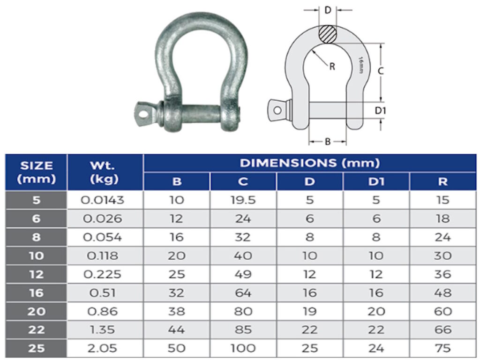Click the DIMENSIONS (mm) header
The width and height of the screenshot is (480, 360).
pos(309,163)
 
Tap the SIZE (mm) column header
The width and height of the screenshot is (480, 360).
pos(36,172)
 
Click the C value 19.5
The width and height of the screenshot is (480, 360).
pos(243,200)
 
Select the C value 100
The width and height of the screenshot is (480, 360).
pos(243,348)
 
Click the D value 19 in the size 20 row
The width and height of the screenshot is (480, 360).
pos(309,311)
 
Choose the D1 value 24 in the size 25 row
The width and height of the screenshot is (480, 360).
pos(376,348)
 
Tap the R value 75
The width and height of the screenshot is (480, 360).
pos(442,348)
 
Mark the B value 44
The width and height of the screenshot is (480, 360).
pos(176,330)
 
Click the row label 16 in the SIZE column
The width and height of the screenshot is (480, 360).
pos(36,293)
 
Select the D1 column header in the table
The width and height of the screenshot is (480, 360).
pos(376,182)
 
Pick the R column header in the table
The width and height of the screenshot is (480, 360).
pos(442,182)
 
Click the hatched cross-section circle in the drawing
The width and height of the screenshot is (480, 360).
pos(327,34)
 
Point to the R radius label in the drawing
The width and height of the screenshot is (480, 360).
pos(332,67)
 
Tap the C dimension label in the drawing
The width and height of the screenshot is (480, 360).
pos(381,71)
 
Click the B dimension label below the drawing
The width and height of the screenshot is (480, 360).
pos(328,141)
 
